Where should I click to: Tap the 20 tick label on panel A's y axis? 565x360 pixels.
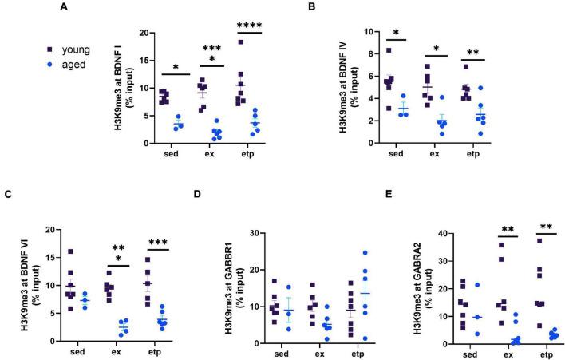143,33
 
